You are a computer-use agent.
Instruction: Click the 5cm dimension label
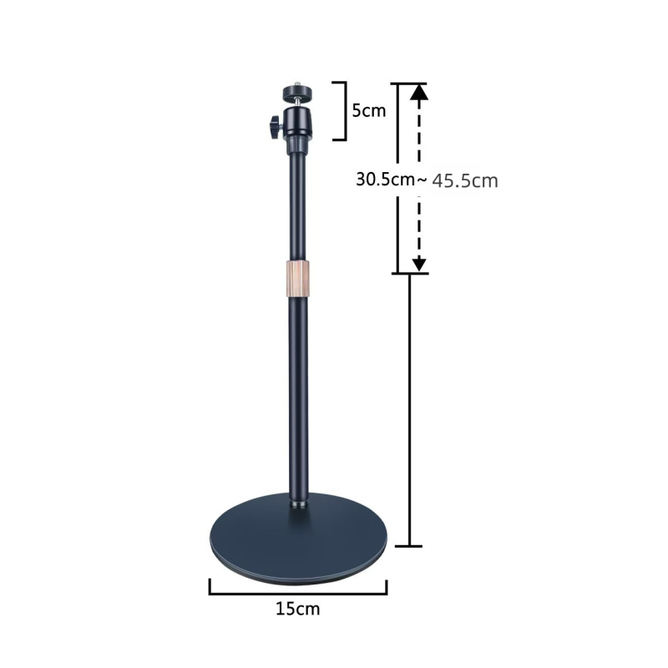pyautogui.click(x=368, y=110)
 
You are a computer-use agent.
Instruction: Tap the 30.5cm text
pyautogui.click(x=384, y=179)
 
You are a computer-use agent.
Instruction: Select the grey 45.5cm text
pyautogui.click(x=465, y=180)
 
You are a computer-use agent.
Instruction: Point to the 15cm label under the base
pyautogui.click(x=297, y=609)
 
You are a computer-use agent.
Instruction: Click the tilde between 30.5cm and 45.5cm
pyautogui.click(x=423, y=179)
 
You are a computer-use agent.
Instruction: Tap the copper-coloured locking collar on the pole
pyautogui.click(x=297, y=277)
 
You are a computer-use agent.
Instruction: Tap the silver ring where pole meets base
pyautogui.click(x=297, y=506)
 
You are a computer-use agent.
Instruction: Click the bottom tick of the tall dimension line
pyautogui.click(x=407, y=547)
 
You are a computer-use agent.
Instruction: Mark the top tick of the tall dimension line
pyautogui.click(x=407, y=83)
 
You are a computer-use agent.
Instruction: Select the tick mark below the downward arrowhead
pyautogui.click(x=409, y=273)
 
